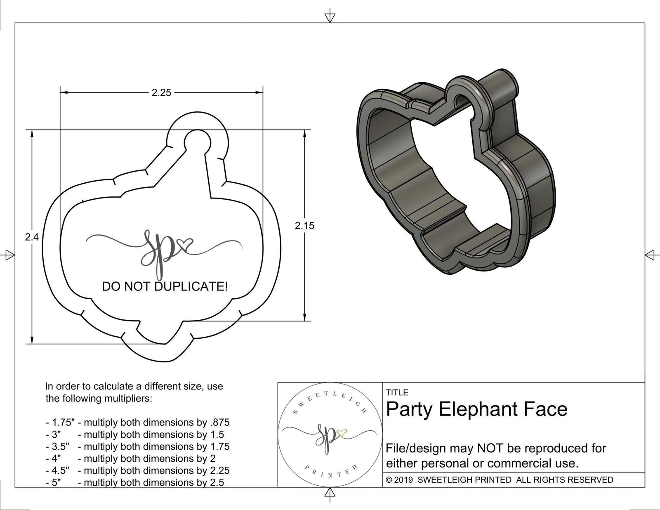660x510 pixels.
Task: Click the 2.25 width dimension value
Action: [161, 93]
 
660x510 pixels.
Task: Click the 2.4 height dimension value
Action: [32, 237]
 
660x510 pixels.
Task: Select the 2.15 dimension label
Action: [304, 226]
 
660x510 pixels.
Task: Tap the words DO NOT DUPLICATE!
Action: [165, 287]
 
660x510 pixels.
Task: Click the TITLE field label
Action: [397, 392]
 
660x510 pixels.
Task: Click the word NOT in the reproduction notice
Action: [491, 448]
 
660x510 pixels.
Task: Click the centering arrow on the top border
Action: [330, 17]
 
